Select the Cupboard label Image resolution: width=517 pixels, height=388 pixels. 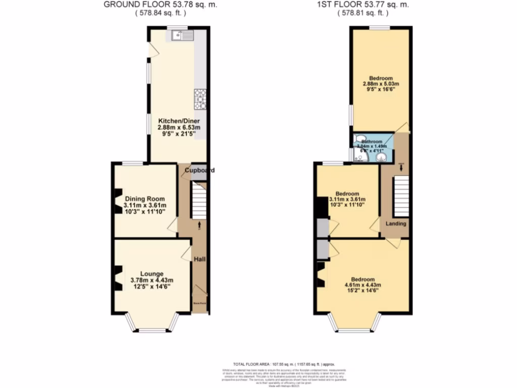pos(199,170)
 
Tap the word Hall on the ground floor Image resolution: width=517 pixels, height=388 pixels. pos(200,260)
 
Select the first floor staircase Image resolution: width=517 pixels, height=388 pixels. pos(400,197)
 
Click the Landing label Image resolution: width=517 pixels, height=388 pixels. pos(396,223)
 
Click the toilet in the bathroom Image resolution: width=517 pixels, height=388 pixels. pos(360,138)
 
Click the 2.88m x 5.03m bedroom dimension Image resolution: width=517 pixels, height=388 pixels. pos(381,84)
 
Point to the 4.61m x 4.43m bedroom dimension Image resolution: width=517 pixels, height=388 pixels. pos(363,285)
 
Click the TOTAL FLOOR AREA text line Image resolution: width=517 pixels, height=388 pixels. pos(283,364)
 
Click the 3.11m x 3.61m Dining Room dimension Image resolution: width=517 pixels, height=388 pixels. pos(145,205)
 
